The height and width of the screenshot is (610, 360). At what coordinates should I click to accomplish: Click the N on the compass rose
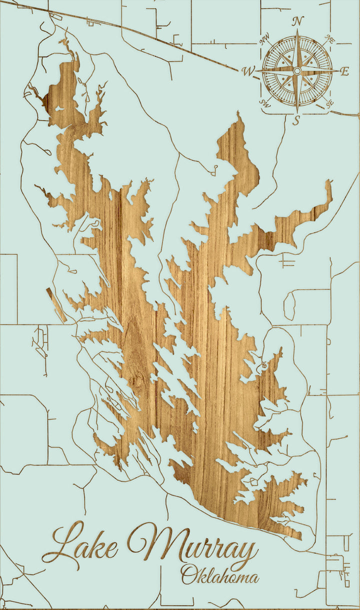pos(298,21)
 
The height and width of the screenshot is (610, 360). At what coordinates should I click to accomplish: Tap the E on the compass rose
pos(344,71)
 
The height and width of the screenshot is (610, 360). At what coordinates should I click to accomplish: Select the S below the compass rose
pos(296,120)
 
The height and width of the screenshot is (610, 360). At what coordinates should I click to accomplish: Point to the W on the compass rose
pos(248,71)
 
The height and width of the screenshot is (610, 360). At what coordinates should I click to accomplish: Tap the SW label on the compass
pos(264,103)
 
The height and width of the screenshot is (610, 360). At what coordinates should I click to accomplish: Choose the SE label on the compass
pos(329,103)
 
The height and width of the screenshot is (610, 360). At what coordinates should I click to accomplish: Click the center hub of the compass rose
pos(297,71)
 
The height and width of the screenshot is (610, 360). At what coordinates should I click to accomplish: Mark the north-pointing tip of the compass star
pos(297,31)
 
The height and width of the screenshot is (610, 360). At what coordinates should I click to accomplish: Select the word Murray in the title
pos(192,545)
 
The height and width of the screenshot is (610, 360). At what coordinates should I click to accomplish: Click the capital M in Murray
pos(150,542)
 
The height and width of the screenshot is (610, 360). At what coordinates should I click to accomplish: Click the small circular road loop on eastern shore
pos(263,367)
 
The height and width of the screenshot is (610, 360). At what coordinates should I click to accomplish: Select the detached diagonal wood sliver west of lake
pos(56,304)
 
